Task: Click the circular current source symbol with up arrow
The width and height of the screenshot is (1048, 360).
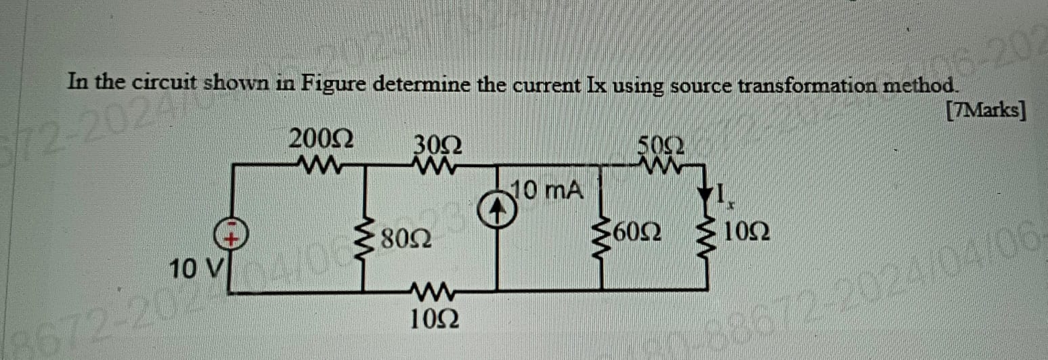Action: coord(498,211)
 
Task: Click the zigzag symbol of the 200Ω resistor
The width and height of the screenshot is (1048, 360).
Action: coord(318,163)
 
